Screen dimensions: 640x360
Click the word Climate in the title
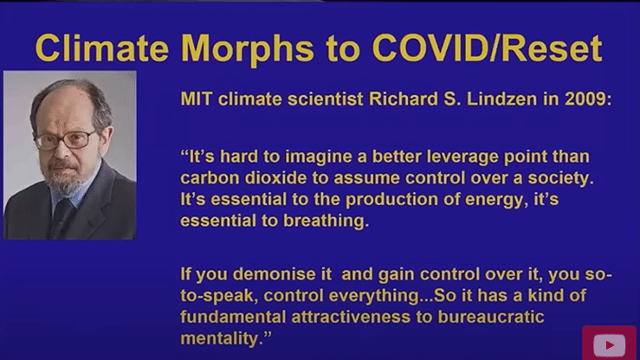pos(102,48)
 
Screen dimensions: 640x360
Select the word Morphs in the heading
pos(248,50)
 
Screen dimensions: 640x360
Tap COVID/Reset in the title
pos(488,48)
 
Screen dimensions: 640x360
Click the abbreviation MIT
pos(196,99)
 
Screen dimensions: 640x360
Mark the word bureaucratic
pos(491,318)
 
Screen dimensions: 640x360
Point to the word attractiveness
pos(351,318)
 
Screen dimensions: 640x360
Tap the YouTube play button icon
pos(609,345)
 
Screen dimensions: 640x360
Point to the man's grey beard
pos(64,179)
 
